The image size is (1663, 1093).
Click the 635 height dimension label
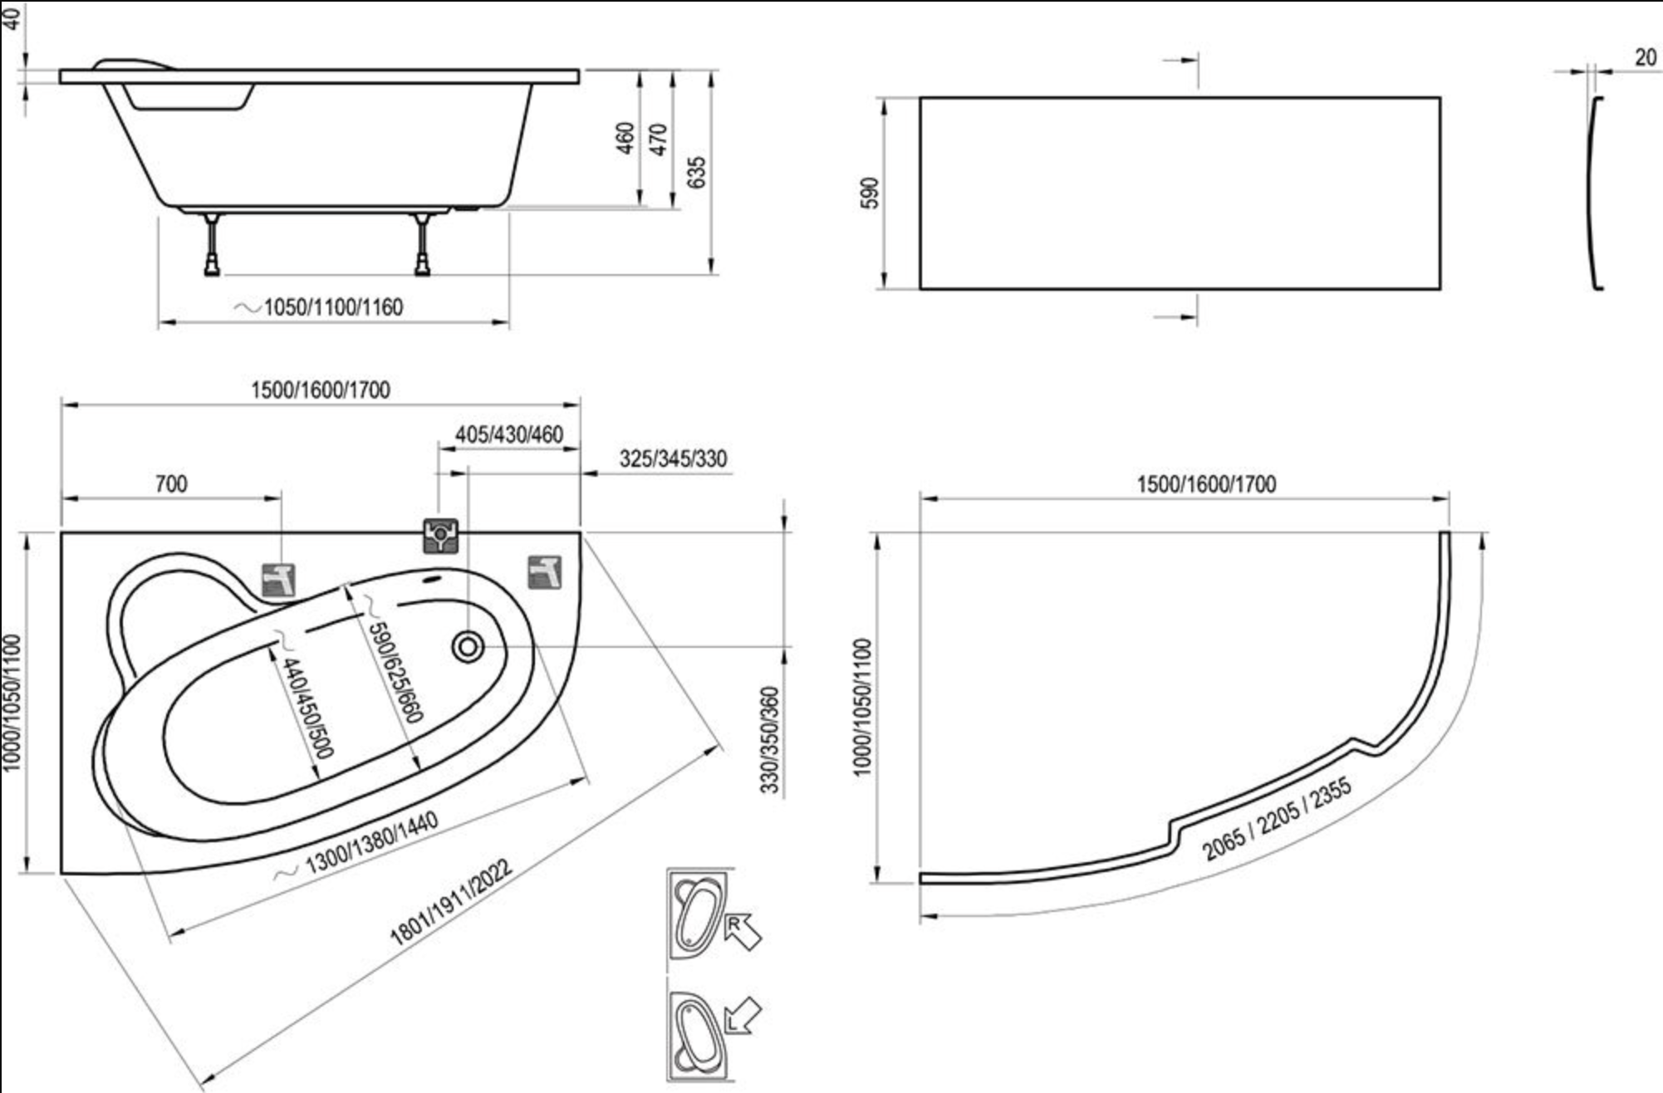[697, 172]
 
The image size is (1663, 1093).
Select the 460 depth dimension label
[625, 138]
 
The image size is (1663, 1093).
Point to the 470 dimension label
[658, 139]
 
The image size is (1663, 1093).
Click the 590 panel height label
[869, 193]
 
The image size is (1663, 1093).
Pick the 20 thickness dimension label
[1645, 57]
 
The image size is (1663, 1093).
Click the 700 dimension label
[171, 483]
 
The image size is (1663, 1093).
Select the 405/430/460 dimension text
[508, 434]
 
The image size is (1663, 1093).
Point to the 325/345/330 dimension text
[673, 458]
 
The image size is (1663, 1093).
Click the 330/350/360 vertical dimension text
[770, 740]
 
